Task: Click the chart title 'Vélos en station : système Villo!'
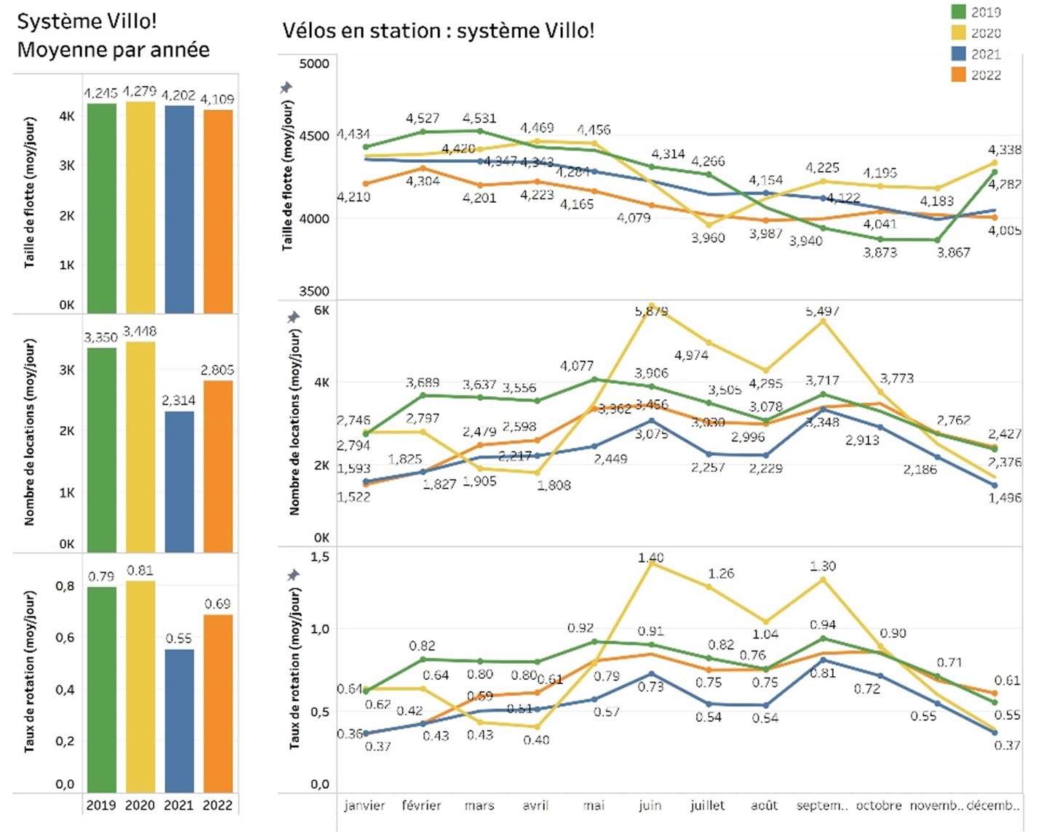point(438,31)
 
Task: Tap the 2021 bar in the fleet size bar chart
point(179,209)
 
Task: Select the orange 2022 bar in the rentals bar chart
point(218,466)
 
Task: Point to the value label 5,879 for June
point(651,311)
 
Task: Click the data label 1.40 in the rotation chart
point(650,558)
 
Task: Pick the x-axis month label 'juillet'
point(707,806)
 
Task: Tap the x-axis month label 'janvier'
point(364,806)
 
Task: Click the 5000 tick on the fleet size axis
point(314,64)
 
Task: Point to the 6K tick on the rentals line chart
point(321,310)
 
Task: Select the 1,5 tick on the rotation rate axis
point(320,557)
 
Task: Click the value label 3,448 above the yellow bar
point(140,332)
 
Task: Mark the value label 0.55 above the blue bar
point(179,638)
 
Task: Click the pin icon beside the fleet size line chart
point(287,88)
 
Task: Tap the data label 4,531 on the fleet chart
point(479,118)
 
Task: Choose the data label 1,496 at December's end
point(1005,498)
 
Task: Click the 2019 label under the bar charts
point(101,806)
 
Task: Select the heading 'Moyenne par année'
point(113,49)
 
